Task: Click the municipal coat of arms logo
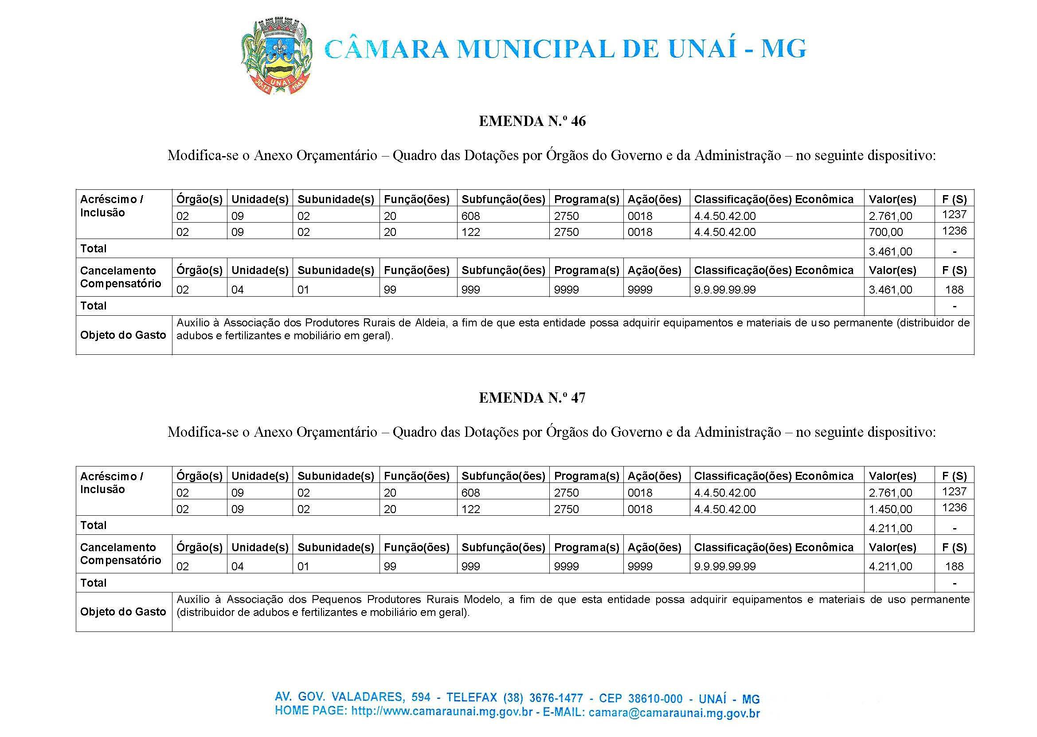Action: pyautogui.click(x=276, y=57)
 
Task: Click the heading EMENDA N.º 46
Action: pyautogui.click(x=532, y=121)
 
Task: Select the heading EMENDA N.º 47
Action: pyautogui.click(x=532, y=398)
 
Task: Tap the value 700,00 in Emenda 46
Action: pyautogui.click(x=885, y=232)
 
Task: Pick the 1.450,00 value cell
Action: pyautogui.click(x=890, y=509)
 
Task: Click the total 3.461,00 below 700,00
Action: pyautogui.click(x=890, y=251)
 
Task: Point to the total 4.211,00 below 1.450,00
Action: pyautogui.click(x=890, y=528)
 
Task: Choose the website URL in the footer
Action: pyautogui.click(x=442, y=712)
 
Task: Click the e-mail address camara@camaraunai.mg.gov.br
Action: pyautogui.click(x=674, y=713)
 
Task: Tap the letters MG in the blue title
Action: pyautogui.click(x=783, y=49)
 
